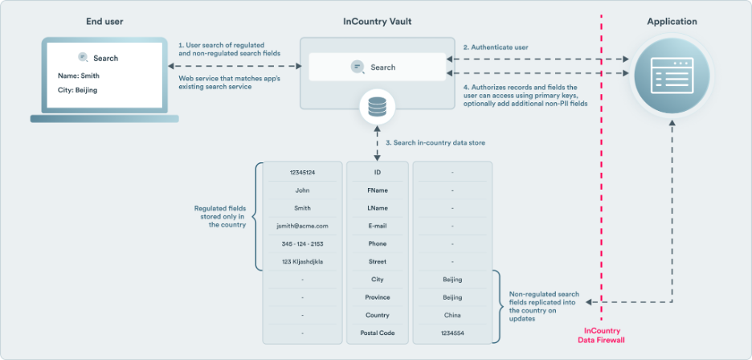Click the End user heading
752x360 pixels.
[x=104, y=22]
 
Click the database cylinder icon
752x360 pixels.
[x=376, y=106]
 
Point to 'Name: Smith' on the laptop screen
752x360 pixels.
[x=79, y=76]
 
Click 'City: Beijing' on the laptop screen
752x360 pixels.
[x=78, y=91]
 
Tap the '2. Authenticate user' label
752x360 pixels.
[x=496, y=47]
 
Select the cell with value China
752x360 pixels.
[x=452, y=315]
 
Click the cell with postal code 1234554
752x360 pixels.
[x=452, y=333]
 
